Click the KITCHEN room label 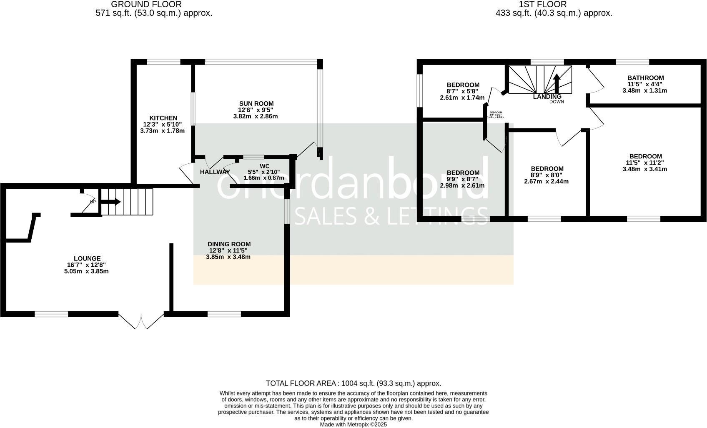coord(163,118)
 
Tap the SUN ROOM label coord(256,104)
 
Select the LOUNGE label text coord(87,259)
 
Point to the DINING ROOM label coord(229,244)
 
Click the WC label coord(265,166)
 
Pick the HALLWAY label coord(215,172)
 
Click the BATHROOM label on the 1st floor coord(645,78)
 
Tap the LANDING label coord(547,97)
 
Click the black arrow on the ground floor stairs coord(111,202)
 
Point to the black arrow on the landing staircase coord(557,83)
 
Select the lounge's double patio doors coord(141,321)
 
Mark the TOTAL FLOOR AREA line coord(353,383)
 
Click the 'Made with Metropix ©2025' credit coord(353,425)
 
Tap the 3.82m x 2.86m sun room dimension coord(255,116)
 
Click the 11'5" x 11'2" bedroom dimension coord(645,163)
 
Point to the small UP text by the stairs coord(93,202)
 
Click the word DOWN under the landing coord(557,102)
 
